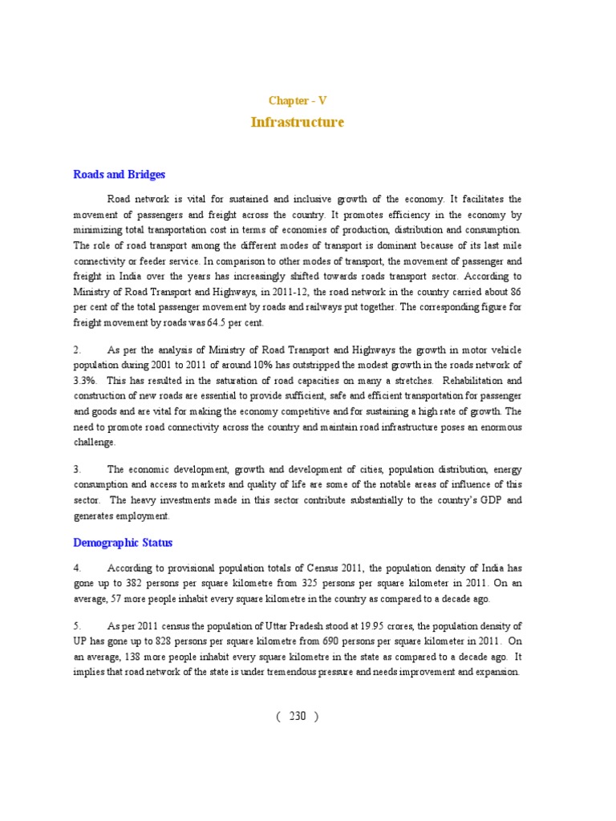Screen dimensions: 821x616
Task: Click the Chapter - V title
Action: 297,101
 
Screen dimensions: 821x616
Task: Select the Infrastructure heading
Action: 297,123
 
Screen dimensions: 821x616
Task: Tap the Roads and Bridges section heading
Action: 120,175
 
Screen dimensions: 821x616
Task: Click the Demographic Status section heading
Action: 123,543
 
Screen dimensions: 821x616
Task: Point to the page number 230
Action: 298,717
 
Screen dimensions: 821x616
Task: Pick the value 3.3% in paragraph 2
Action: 84,381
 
